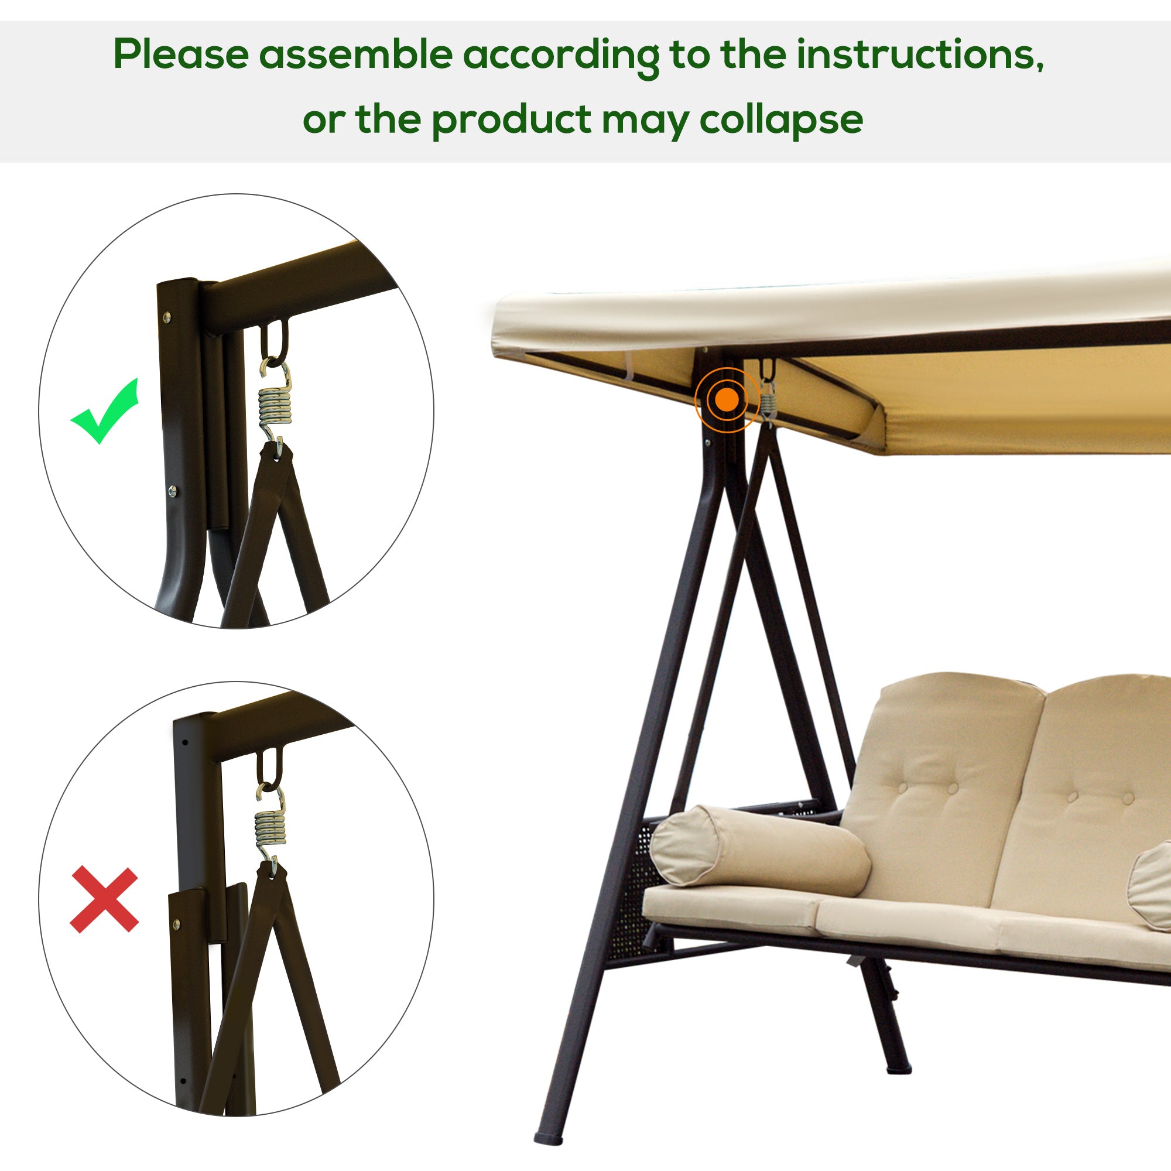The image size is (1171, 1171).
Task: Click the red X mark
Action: (104, 899)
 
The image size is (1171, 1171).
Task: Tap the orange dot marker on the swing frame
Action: (727, 399)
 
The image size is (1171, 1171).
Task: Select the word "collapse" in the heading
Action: (781, 120)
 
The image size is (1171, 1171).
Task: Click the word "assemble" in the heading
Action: (356, 54)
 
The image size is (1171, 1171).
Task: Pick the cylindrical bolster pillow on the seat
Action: (761, 852)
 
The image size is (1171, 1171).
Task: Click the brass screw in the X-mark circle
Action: (177, 925)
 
